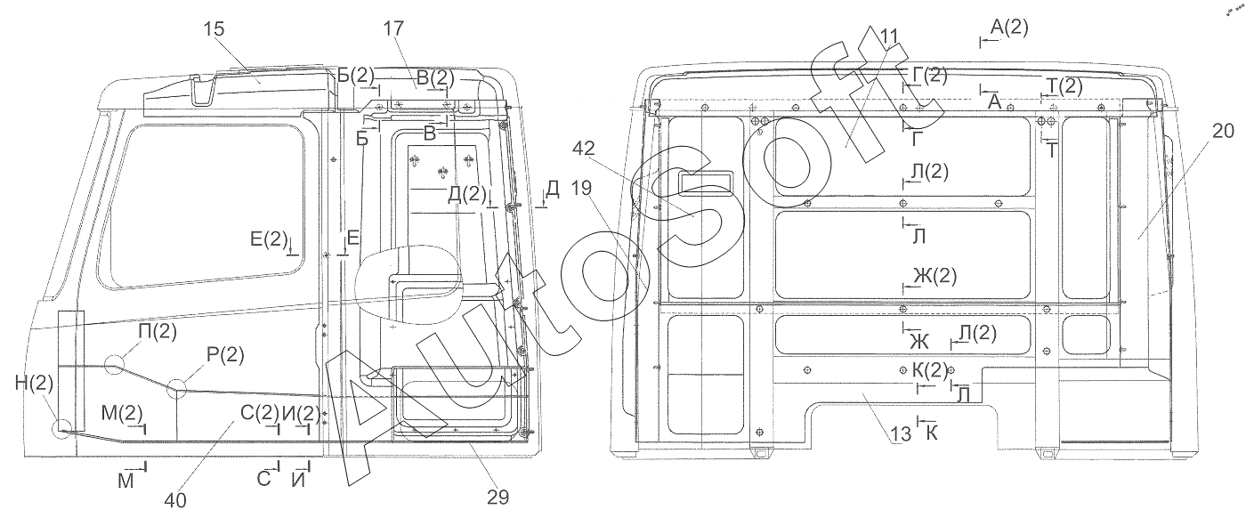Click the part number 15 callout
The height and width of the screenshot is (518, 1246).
(214, 28)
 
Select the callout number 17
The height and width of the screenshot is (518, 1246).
(393, 28)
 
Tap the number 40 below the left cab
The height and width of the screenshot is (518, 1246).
(175, 501)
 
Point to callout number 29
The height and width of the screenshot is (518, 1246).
(498, 498)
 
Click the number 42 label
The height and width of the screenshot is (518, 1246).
(584, 148)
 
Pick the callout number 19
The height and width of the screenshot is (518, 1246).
(581, 188)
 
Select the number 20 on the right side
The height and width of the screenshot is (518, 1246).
(1223, 132)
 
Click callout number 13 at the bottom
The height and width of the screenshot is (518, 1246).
(901, 434)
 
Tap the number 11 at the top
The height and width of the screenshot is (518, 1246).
(889, 36)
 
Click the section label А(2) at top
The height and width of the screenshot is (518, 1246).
(1009, 27)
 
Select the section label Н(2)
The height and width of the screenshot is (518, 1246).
(35, 383)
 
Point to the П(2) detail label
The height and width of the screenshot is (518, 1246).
(158, 332)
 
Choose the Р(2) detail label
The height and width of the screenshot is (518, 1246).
(225, 354)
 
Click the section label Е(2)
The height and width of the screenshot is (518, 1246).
(269, 239)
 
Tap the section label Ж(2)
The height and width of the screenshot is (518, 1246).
(934, 276)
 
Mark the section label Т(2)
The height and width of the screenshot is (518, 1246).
(1065, 85)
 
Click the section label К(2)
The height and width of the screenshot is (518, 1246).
(930, 370)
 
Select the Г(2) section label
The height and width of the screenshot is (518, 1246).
(930, 75)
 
